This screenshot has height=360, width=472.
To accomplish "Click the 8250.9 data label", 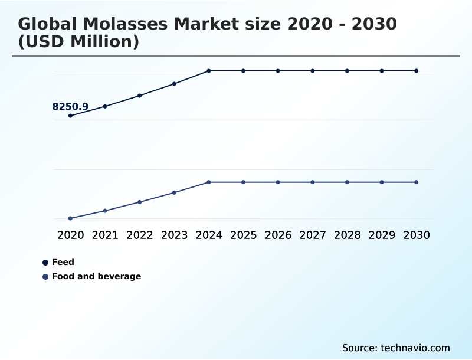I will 70,107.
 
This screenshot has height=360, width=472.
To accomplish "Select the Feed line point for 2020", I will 70,116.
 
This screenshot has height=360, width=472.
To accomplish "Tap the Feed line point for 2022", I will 140,96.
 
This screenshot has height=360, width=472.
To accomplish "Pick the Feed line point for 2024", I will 209,71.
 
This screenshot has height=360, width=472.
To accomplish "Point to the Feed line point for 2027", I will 313,71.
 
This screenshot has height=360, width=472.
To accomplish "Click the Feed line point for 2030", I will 417,71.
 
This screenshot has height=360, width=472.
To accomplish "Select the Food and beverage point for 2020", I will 70,218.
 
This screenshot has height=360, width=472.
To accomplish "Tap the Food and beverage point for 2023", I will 175,192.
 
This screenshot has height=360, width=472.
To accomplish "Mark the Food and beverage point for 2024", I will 209,182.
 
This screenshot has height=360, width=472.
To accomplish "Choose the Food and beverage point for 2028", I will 347,182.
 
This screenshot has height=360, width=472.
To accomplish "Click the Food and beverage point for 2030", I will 417,182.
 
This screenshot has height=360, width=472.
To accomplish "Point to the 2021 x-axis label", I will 105,235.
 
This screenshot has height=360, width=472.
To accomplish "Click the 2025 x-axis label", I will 243,235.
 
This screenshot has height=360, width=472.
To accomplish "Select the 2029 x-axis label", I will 382,235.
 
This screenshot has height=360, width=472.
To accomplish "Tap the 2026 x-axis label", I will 278,235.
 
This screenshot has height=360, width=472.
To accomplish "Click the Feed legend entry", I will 63,262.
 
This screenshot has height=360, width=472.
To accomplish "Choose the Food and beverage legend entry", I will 96,276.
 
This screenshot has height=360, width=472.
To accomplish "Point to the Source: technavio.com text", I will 396,348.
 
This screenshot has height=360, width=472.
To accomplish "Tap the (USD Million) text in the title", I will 78,42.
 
